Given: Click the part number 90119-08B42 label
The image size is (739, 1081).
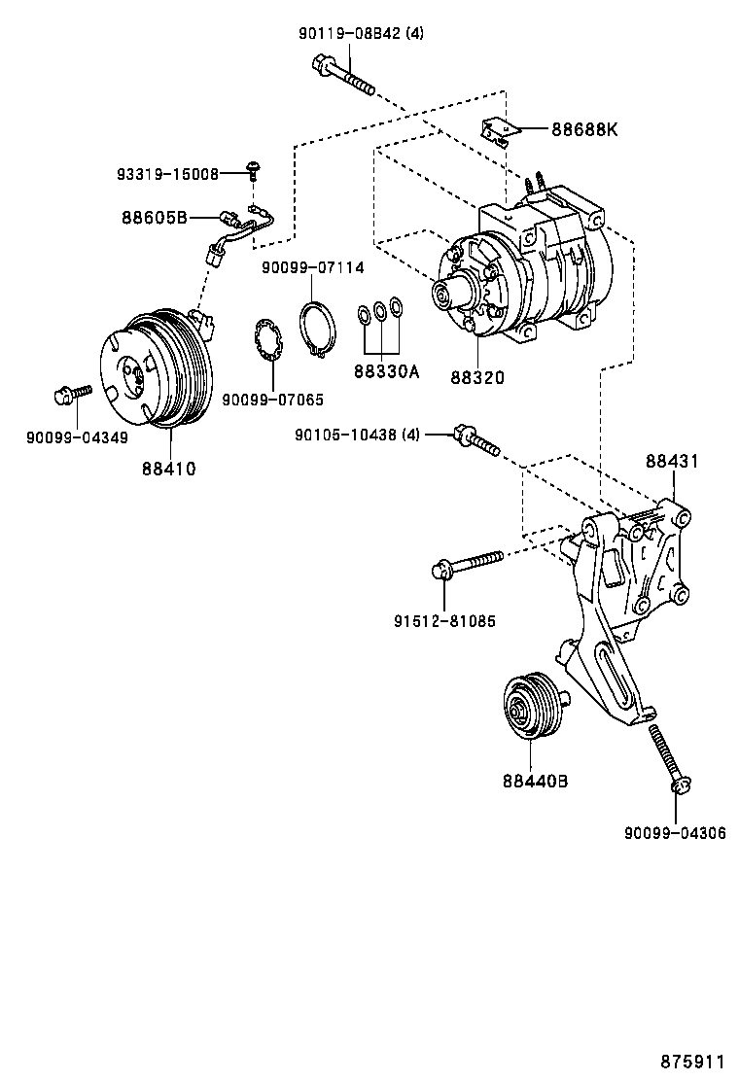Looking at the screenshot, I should pyautogui.click(x=361, y=33).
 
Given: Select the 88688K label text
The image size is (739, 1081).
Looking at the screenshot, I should pyautogui.click(x=584, y=129).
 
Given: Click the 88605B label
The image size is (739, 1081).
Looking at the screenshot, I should pyautogui.click(x=155, y=217).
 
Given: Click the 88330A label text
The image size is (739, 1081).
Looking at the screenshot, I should pyautogui.click(x=386, y=371).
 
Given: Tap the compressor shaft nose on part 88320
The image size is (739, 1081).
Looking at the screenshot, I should pyautogui.click(x=448, y=292).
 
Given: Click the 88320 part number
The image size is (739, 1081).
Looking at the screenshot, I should pyautogui.click(x=476, y=376).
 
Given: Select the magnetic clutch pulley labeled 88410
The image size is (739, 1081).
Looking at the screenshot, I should pyautogui.click(x=156, y=369).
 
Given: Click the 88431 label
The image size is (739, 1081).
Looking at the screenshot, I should pyautogui.click(x=672, y=462).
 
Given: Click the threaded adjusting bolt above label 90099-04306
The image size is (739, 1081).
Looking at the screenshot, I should pyautogui.click(x=668, y=758).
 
